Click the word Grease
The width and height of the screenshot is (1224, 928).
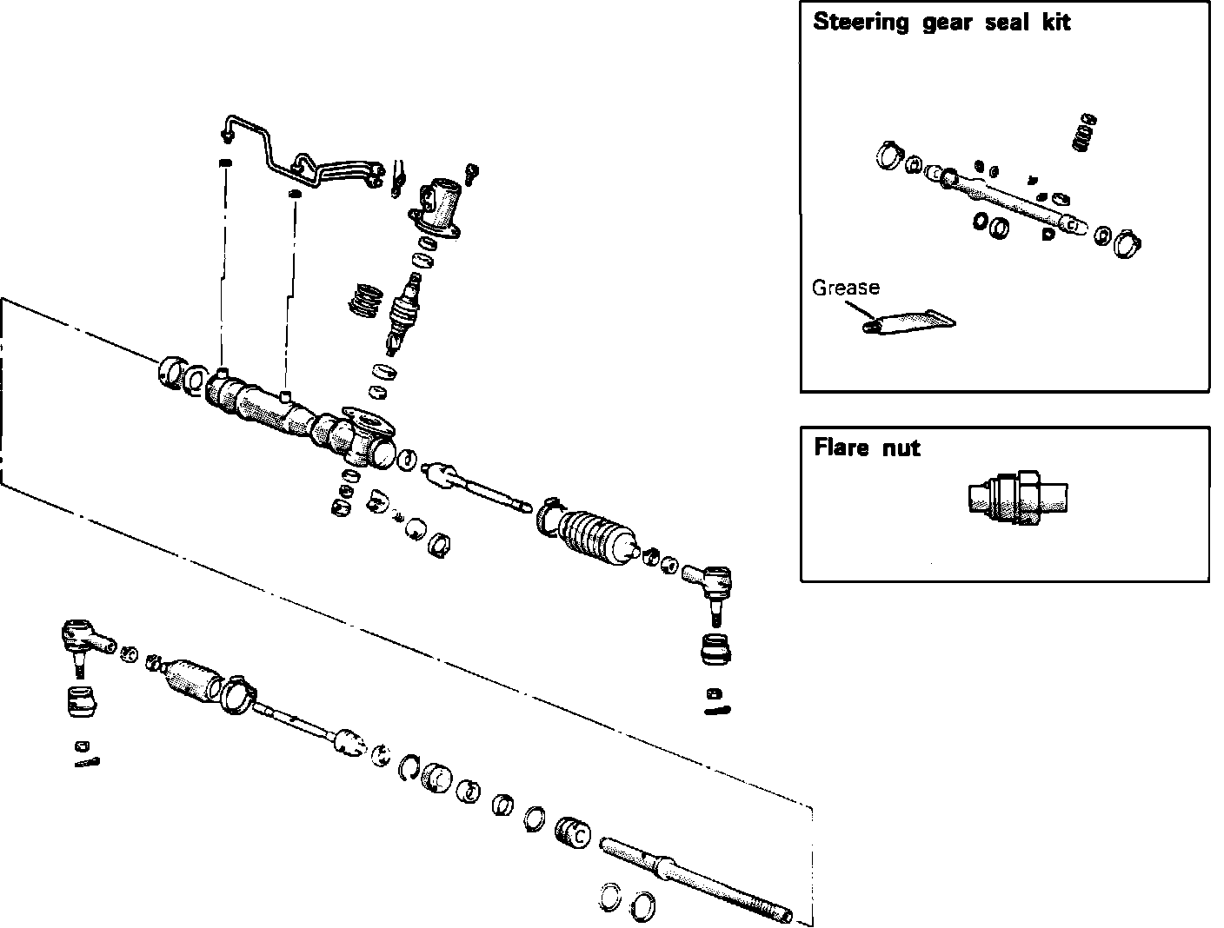tap(845, 288)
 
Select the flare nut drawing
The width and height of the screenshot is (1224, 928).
tap(1016, 498)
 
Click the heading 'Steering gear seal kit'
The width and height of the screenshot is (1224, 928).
tap(941, 23)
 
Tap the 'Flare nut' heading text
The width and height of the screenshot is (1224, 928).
tap(867, 448)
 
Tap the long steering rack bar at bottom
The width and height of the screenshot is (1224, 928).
tap(695, 878)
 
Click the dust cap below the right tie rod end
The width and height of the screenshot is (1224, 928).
tap(715, 649)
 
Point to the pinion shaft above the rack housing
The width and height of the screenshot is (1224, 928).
tap(405, 308)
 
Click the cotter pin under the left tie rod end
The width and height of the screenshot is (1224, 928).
tap(87, 762)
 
